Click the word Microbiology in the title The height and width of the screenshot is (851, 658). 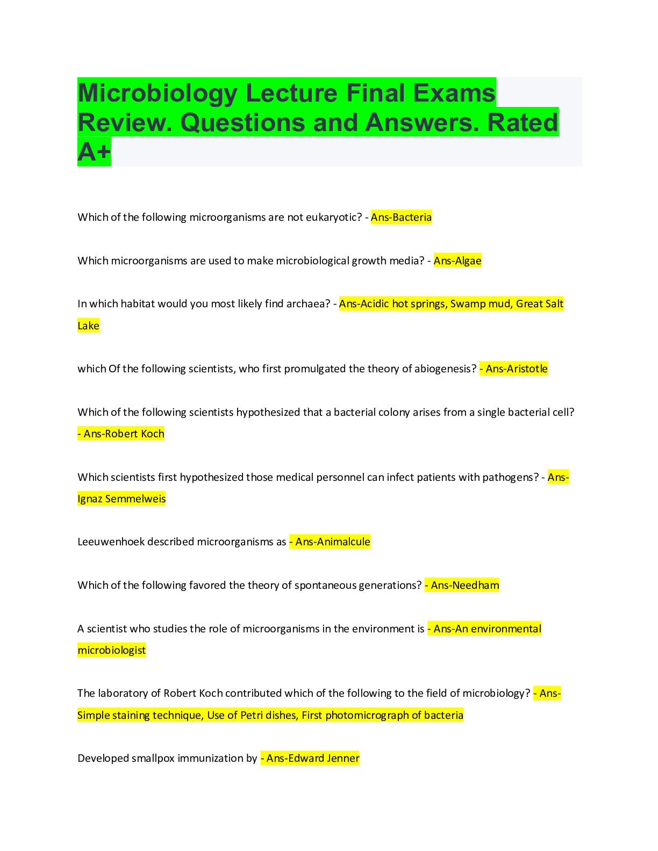158,93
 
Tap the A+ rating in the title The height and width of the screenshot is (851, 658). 94,152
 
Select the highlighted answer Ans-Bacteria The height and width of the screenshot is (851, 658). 401,217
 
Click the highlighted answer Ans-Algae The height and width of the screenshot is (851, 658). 457,261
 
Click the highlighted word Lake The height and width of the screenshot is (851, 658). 88,326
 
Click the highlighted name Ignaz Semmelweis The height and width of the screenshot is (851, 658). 121,499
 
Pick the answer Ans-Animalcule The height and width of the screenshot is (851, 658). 332,542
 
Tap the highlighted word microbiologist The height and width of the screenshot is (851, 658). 111,650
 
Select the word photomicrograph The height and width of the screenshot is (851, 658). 373,715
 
